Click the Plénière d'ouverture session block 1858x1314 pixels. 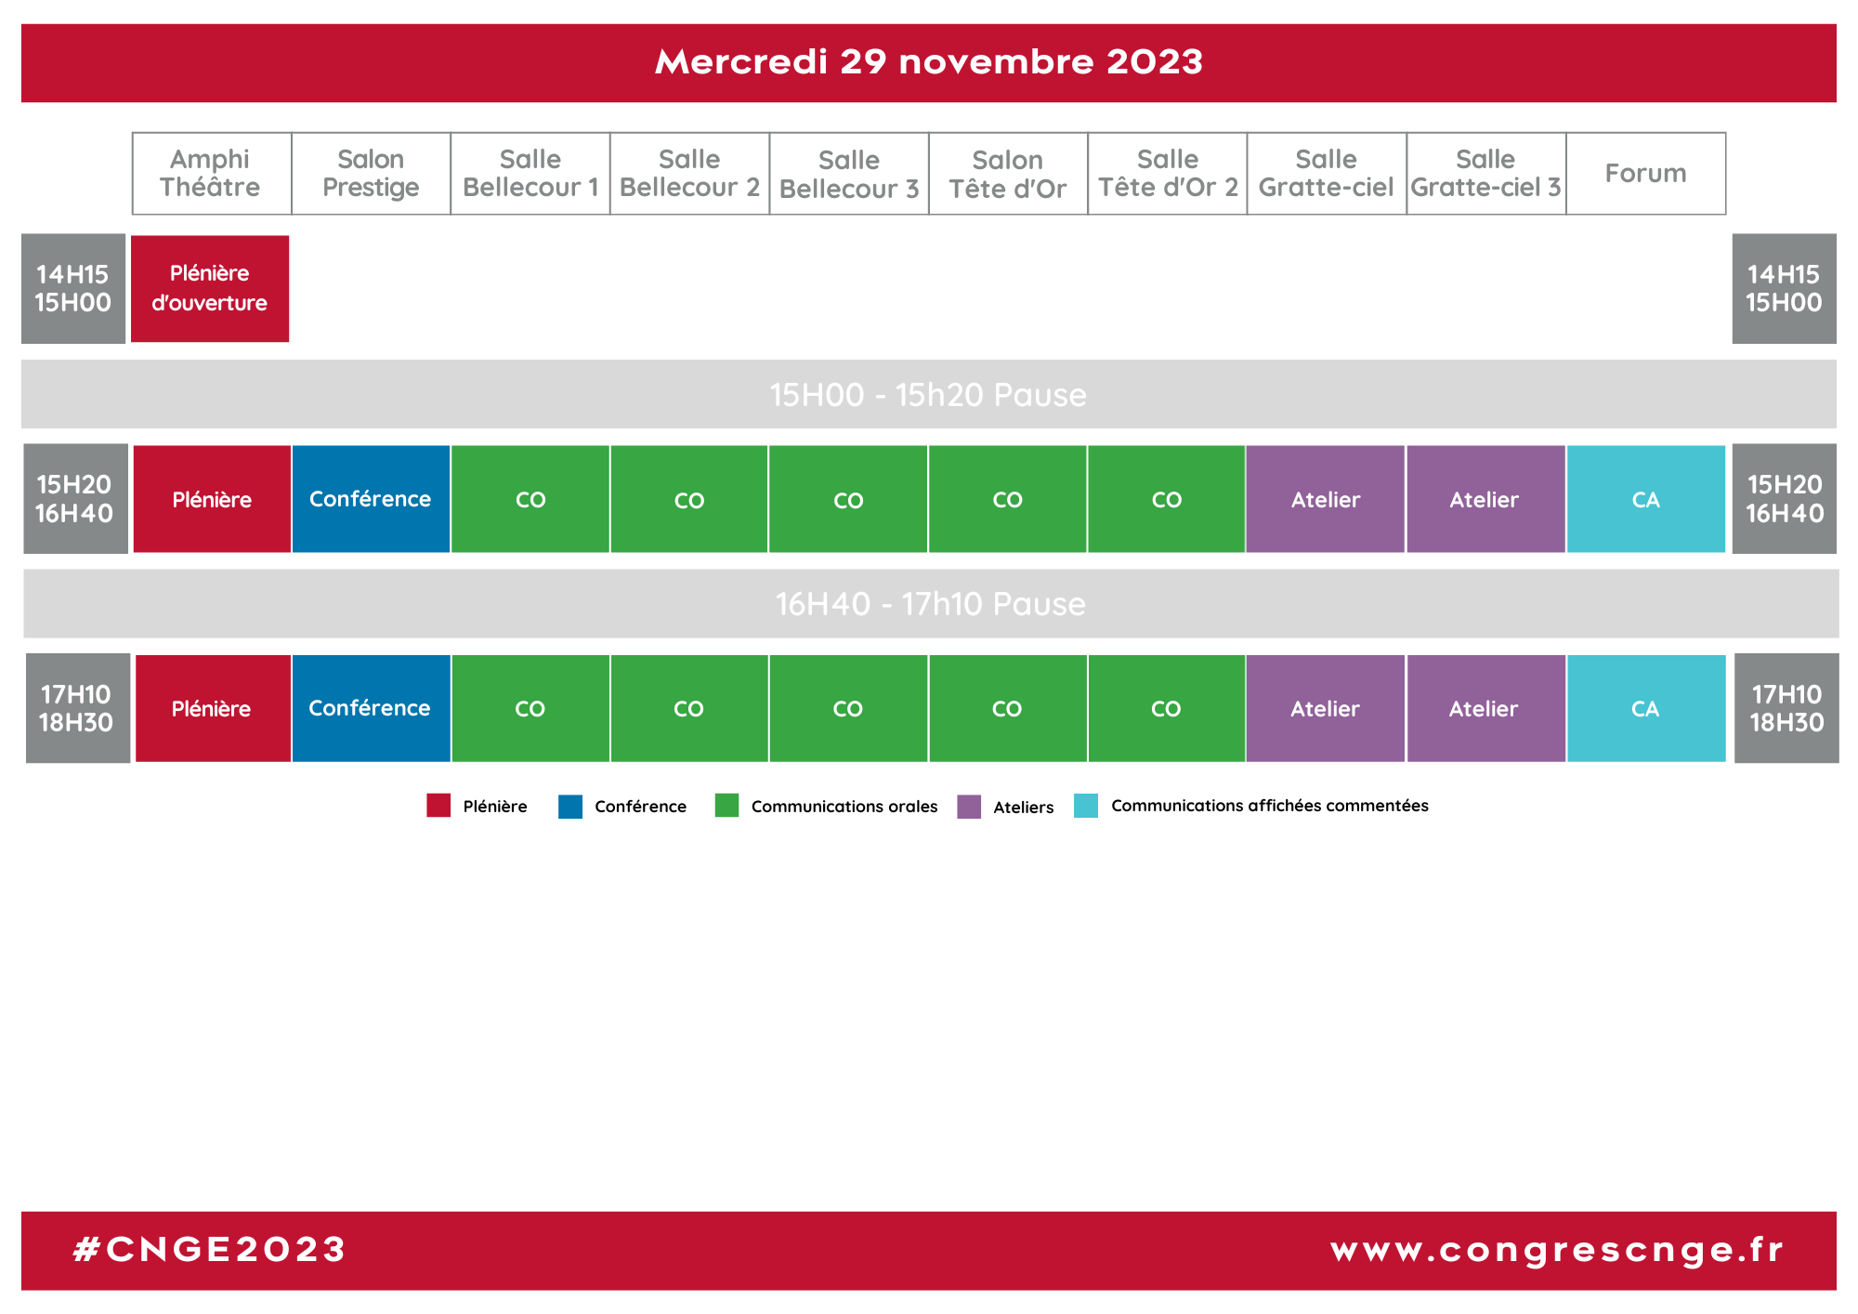pos(210,288)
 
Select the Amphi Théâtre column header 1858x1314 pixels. pos(212,174)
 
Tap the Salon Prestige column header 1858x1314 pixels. pos(371,174)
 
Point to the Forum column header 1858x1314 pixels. pos(1645,174)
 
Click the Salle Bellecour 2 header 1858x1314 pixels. pos(689,174)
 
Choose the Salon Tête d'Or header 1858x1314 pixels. pos(1008,174)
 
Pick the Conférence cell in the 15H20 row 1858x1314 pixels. pos(371,499)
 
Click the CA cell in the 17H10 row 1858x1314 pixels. pos(1646,708)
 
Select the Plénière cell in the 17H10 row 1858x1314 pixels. pos(213,708)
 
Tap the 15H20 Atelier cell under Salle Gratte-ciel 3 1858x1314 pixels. pos(1485,499)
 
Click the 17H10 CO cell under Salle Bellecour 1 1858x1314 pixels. pos(530,708)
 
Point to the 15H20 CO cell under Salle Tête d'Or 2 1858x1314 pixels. pos(1166,499)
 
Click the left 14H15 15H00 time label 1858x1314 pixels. pos(73,288)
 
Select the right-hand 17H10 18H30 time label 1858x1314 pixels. pos(1786,708)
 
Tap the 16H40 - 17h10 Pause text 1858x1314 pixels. pos(931,604)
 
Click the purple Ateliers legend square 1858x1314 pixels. pos(969,807)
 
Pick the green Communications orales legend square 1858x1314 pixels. pos(726,805)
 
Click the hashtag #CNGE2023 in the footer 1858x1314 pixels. pos(210,1249)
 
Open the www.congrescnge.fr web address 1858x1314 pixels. pos(1557,1251)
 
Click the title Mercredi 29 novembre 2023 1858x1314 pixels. pos(929,62)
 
